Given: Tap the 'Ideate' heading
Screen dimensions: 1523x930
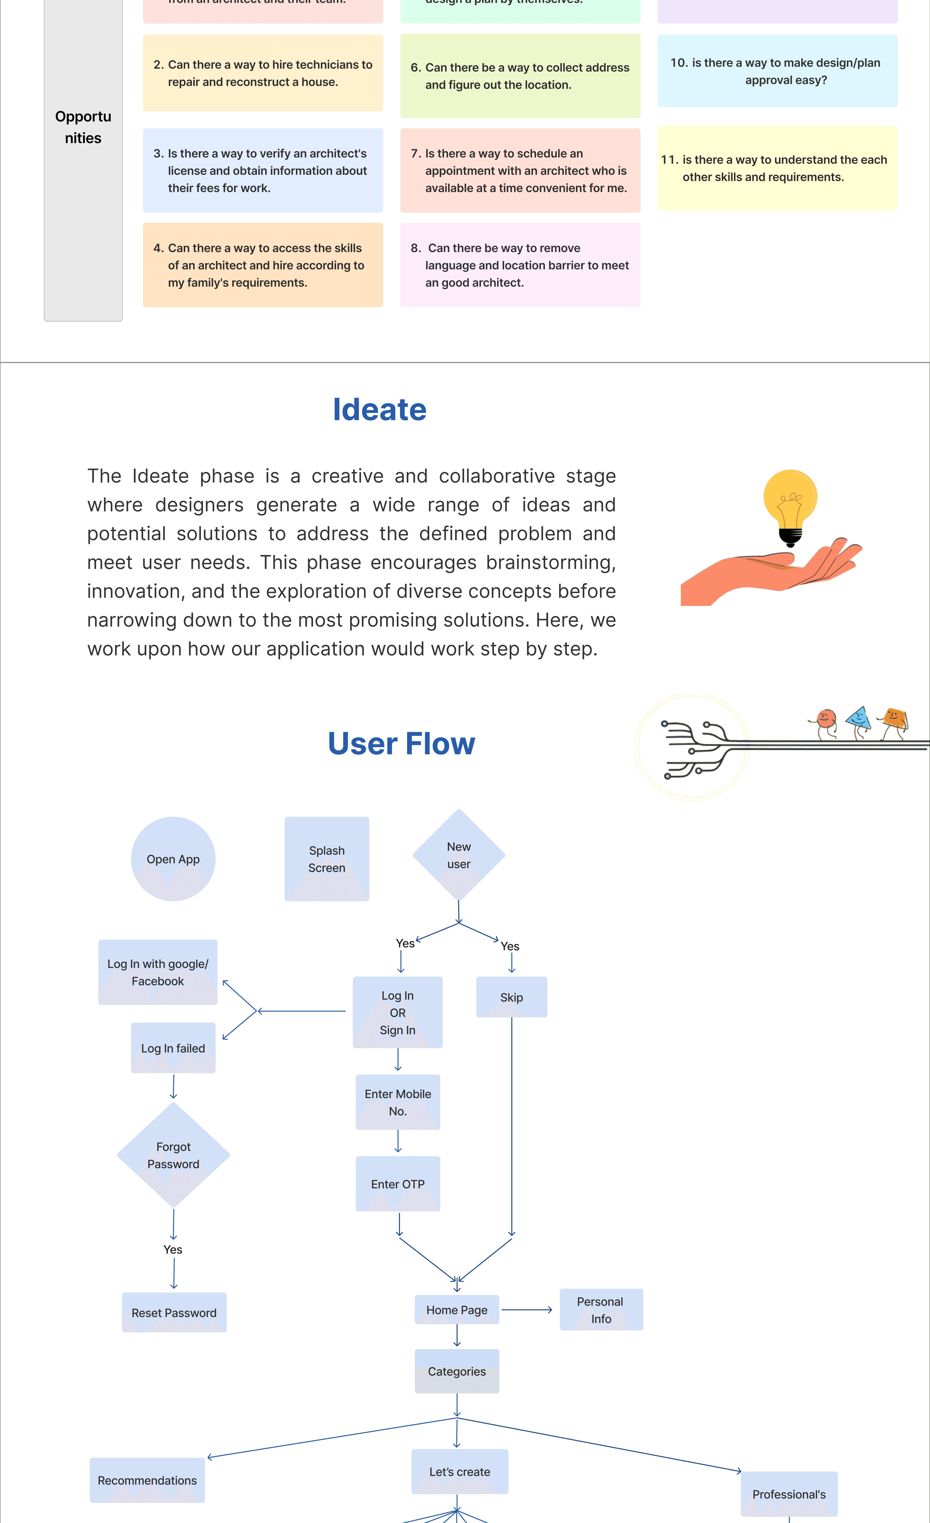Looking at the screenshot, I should click(379, 409).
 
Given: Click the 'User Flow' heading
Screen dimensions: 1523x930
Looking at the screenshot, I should click(401, 743).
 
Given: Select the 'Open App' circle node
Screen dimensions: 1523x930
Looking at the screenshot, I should click(173, 859).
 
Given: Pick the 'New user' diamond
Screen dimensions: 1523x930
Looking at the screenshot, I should click(459, 855).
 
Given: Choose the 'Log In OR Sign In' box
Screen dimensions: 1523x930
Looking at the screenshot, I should click(397, 1012).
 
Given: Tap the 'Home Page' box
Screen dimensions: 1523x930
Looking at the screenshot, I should click(457, 1310).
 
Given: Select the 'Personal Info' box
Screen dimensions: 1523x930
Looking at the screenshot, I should click(601, 1310).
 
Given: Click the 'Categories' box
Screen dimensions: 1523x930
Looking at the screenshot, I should click(457, 1371).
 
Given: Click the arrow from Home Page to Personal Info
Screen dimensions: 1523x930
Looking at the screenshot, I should click(527, 1310).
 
